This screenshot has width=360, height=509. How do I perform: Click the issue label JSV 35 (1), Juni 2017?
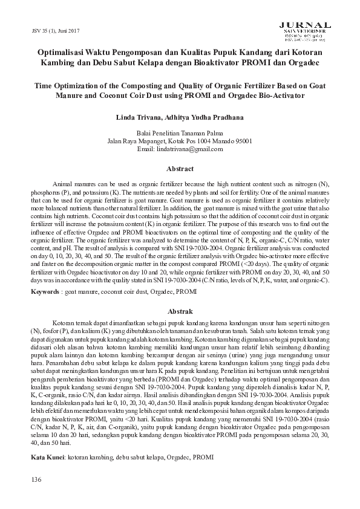tap(51, 31)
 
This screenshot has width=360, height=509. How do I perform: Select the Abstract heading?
tap(180, 169)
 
